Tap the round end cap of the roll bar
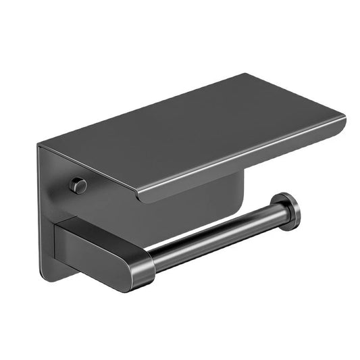coord(289,211)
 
